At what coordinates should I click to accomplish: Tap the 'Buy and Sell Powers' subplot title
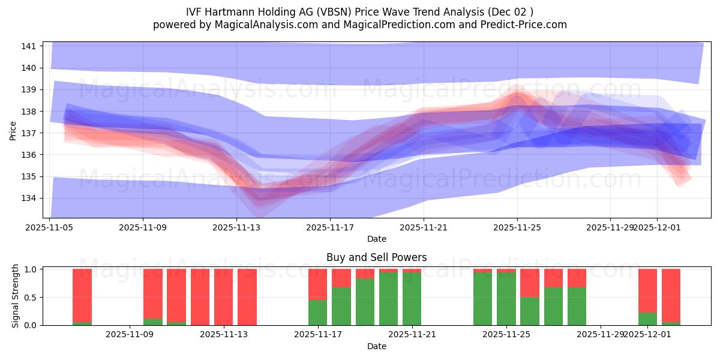[x=376, y=257]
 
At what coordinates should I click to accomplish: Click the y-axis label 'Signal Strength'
[x=16, y=296]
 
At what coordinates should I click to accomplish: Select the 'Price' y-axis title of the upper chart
[x=13, y=130]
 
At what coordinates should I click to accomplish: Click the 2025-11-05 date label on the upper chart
[x=49, y=227]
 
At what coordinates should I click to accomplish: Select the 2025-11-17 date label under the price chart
[x=329, y=227]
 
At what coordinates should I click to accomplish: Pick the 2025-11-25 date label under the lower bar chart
[x=506, y=334]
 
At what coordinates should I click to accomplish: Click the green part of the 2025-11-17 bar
[x=317, y=312]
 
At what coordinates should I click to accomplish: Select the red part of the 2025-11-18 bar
[x=341, y=278]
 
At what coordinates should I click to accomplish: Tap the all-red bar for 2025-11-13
[x=247, y=297]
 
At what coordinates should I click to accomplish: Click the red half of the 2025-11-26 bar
[x=530, y=283]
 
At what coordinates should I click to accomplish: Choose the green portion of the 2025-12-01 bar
[x=647, y=319]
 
